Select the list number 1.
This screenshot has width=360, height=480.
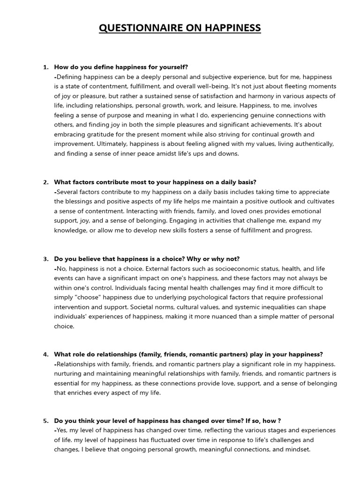(x=45, y=67)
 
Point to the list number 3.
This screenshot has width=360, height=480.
(x=45, y=259)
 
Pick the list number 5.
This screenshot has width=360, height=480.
(x=45, y=421)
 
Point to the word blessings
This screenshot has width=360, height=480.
(x=79, y=202)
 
